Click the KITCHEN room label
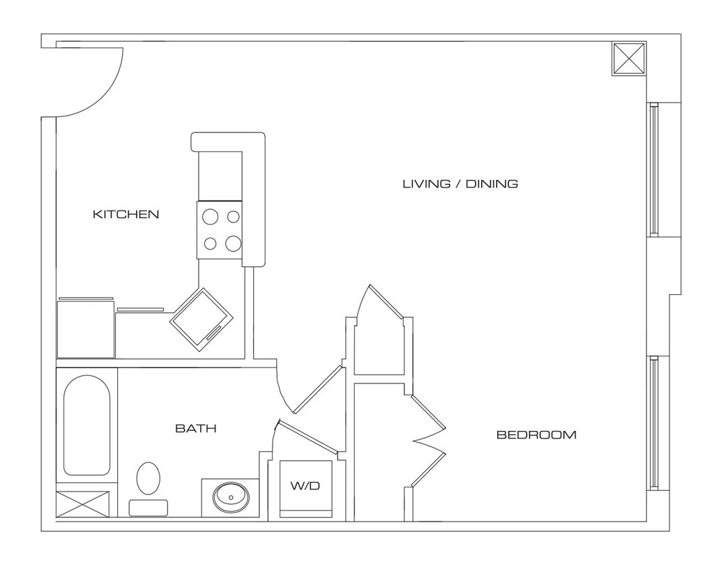(x=126, y=214)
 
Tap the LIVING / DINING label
(x=460, y=184)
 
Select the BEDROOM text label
(x=536, y=435)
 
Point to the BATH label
(x=195, y=428)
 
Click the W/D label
(x=305, y=486)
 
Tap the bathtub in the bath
(x=86, y=425)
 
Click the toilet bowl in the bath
(x=148, y=478)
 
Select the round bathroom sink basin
(x=231, y=497)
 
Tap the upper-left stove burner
(x=210, y=216)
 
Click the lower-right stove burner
(x=234, y=243)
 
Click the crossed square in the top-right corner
(x=629, y=59)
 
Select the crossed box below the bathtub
(x=82, y=504)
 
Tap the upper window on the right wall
(x=653, y=169)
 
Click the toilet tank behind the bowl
(x=148, y=507)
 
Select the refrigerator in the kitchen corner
(x=85, y=328)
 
